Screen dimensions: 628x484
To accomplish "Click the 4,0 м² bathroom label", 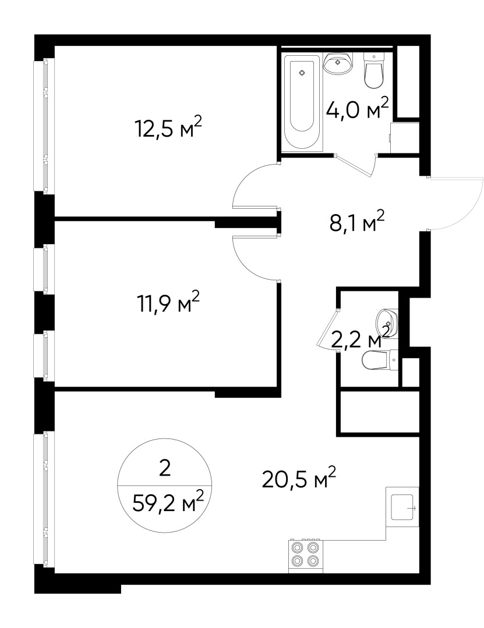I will click(x=357, y=110).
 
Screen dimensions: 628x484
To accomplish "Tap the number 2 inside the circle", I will click(x=165, y=468).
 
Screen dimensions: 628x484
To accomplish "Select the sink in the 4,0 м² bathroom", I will click(x=338, y=65).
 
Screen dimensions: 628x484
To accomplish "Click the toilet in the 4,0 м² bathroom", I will click(x=373, y=70).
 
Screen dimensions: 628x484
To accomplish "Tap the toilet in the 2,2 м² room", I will click(x=379, y=361).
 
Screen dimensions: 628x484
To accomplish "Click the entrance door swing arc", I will click(x=457, y=204).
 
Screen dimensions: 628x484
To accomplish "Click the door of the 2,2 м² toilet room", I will click(x=326, y=329).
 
